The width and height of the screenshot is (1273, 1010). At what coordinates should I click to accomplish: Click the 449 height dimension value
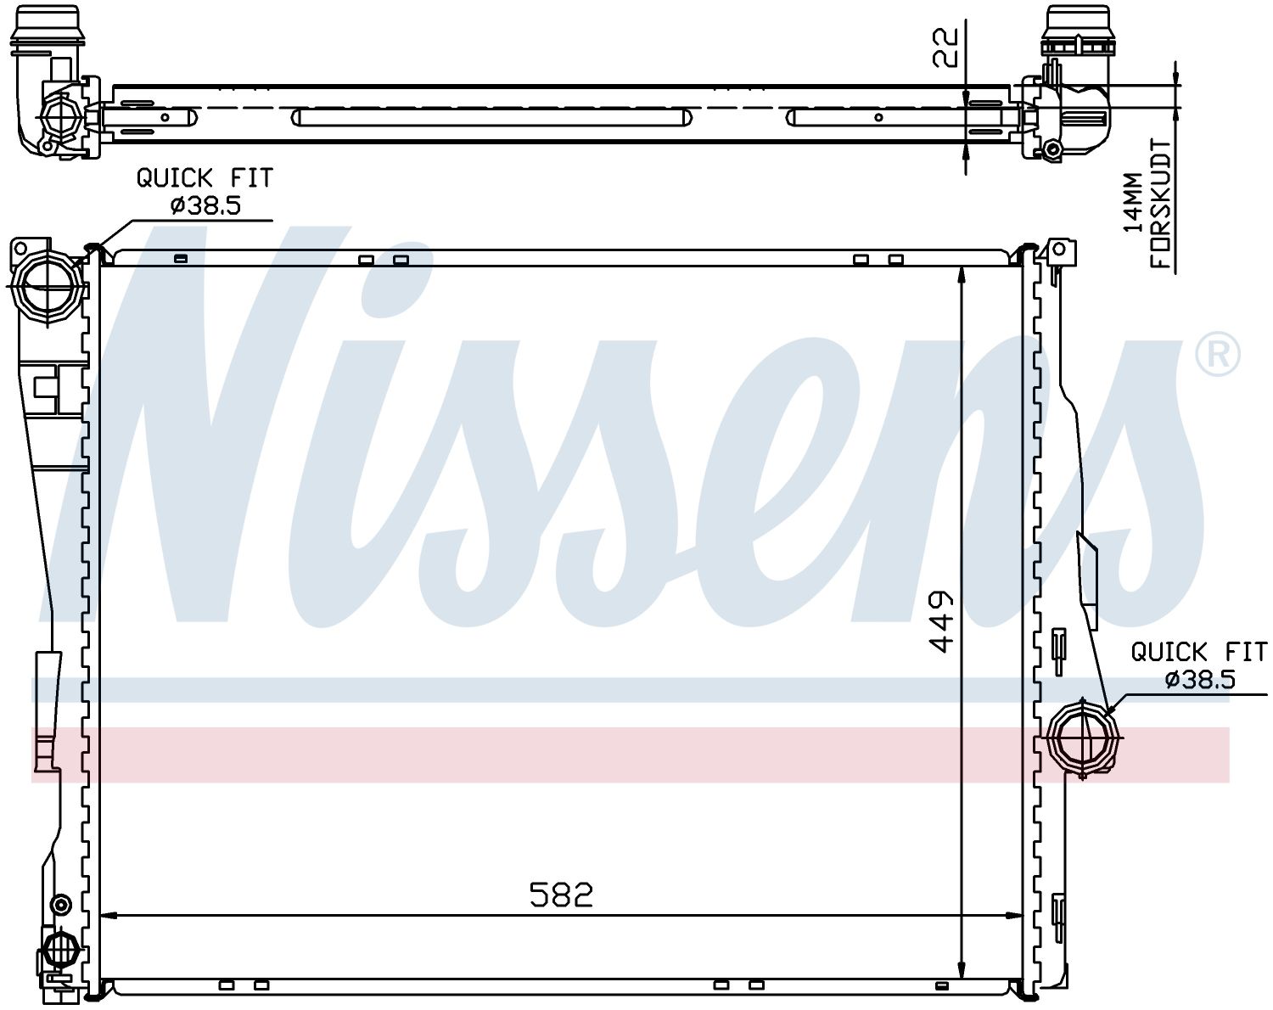click(x=941, y=621)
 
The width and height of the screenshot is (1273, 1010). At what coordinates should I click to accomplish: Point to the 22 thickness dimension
click(x=945, y=48)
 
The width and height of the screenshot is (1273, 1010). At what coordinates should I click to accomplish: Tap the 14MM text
click(x=1133, y=202)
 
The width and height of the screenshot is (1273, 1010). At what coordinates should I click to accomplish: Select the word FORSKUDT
click(x=1160, y=204)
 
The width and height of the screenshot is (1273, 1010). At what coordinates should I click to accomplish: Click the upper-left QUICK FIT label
click(x=205, y=178)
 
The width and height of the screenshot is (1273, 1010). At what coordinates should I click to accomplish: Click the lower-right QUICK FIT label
click(x=1199, y=652)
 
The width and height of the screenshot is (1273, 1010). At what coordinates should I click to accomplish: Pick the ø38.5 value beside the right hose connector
click(x=1200, y=680)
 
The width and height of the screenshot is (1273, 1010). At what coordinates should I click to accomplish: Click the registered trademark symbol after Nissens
click(x=1218, y=354)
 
